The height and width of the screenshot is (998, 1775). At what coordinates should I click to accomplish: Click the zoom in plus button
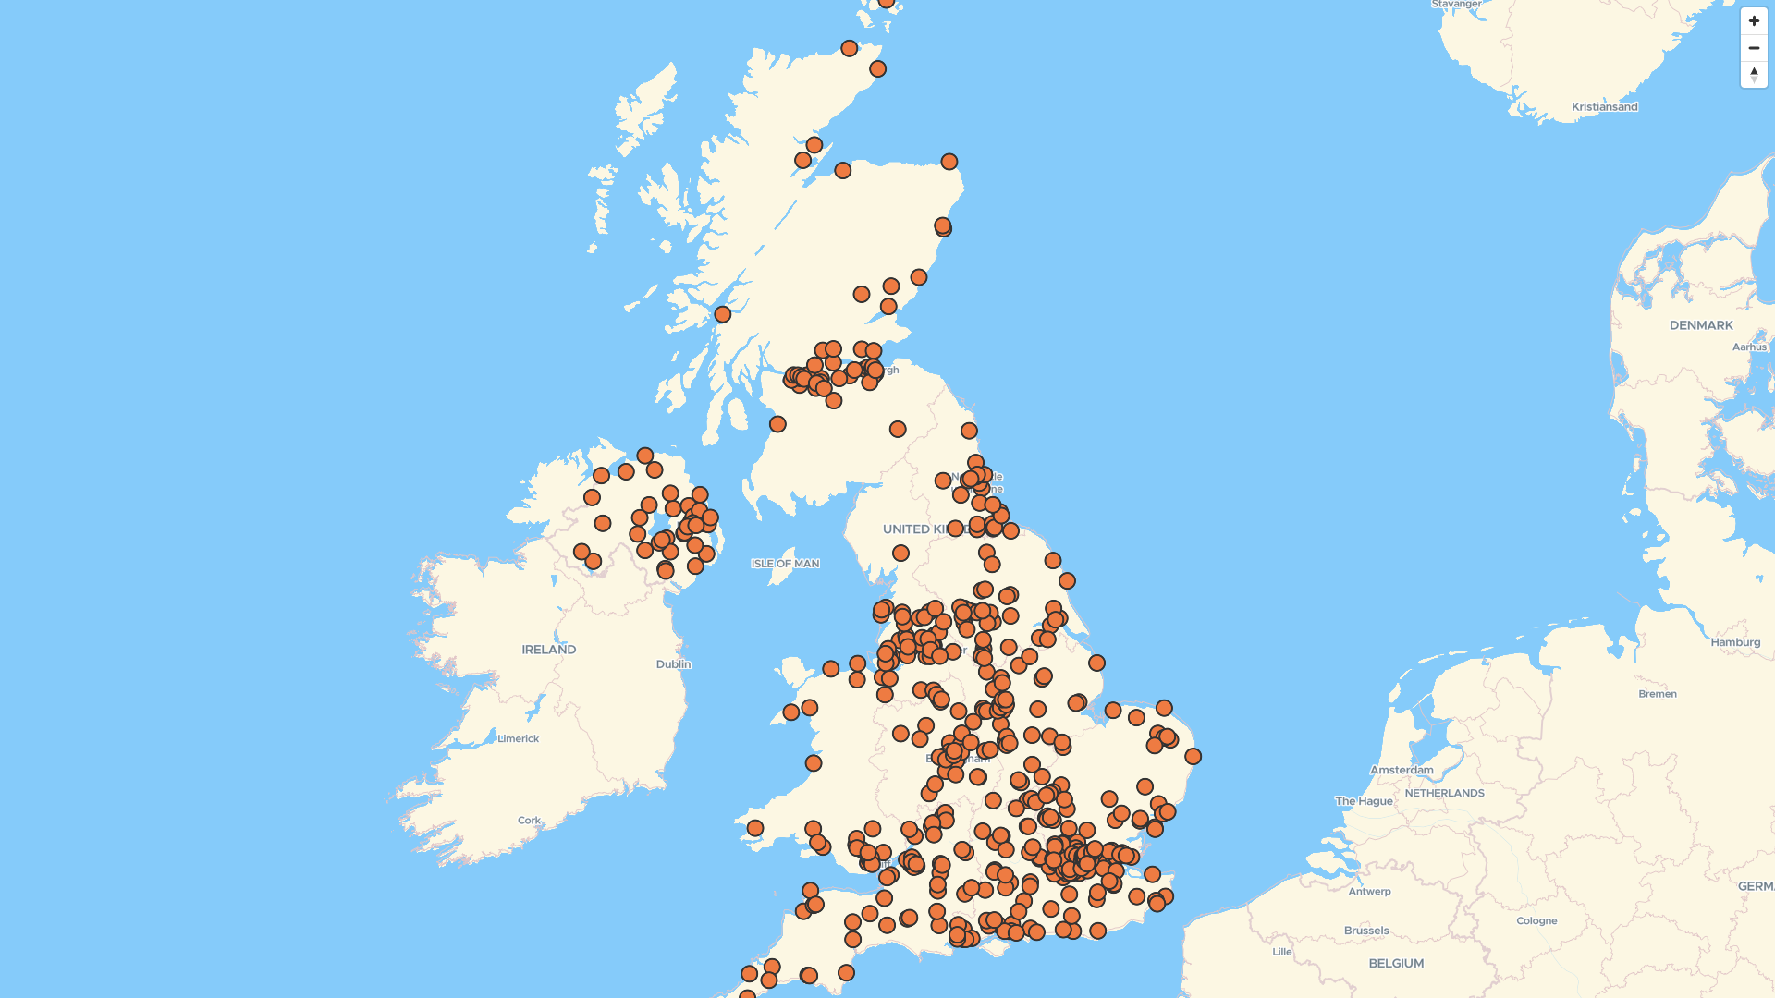click(1754, 21)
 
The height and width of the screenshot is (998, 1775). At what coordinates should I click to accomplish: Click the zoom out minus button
click(1754, 48)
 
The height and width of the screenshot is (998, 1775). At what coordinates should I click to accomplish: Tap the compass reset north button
click(1754, 75)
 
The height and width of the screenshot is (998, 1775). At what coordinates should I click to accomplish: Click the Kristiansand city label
click(1604, 107)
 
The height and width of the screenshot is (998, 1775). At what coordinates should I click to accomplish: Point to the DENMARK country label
click(1701, 325)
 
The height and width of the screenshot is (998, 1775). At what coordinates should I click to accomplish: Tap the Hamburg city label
click(1735, 642)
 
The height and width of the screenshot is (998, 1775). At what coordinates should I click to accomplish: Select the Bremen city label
click(1657, 694)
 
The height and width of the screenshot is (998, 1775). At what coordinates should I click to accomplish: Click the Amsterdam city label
click(1402, 770)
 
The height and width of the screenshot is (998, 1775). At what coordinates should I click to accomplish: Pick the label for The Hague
click(1363, 801)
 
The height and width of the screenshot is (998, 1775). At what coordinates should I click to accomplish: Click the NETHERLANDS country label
click(1444, 793)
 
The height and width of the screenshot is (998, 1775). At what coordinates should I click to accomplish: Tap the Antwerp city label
click(1369, 892)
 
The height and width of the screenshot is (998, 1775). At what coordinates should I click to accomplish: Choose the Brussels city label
click(1366, 931)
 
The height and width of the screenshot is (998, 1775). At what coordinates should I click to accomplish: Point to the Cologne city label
click(1536, 920)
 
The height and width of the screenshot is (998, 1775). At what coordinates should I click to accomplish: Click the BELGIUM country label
click(1396, 963)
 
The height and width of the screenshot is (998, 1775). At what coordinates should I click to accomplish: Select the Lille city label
click(1281, 952)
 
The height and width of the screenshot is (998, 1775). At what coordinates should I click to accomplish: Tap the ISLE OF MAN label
click(785, 564)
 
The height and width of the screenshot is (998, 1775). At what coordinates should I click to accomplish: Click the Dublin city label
click(673, 664)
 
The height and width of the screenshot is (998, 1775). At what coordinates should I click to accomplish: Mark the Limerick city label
click(518, 738)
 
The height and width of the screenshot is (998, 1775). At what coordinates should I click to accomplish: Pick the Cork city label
click(529, 821)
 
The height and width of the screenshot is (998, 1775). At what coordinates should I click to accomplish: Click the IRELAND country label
click(548, 650)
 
